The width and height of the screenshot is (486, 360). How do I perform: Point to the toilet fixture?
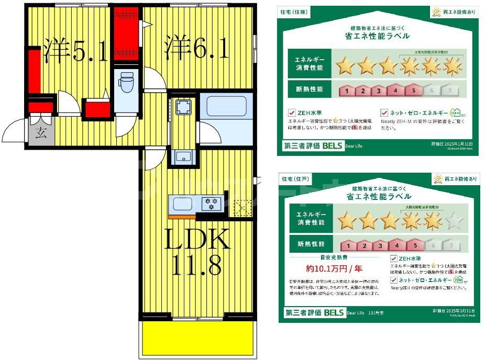point(126,83)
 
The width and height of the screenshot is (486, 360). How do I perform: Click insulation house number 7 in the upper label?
point(449,91)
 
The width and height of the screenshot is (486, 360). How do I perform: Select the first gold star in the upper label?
point(345,66)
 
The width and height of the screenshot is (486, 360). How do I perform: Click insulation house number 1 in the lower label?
point(349,244)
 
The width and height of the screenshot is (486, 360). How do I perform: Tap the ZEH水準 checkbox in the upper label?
point(292,112)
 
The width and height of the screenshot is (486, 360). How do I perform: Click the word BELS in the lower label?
point(333,313)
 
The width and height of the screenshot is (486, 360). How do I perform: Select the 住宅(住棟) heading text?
point(293,12)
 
